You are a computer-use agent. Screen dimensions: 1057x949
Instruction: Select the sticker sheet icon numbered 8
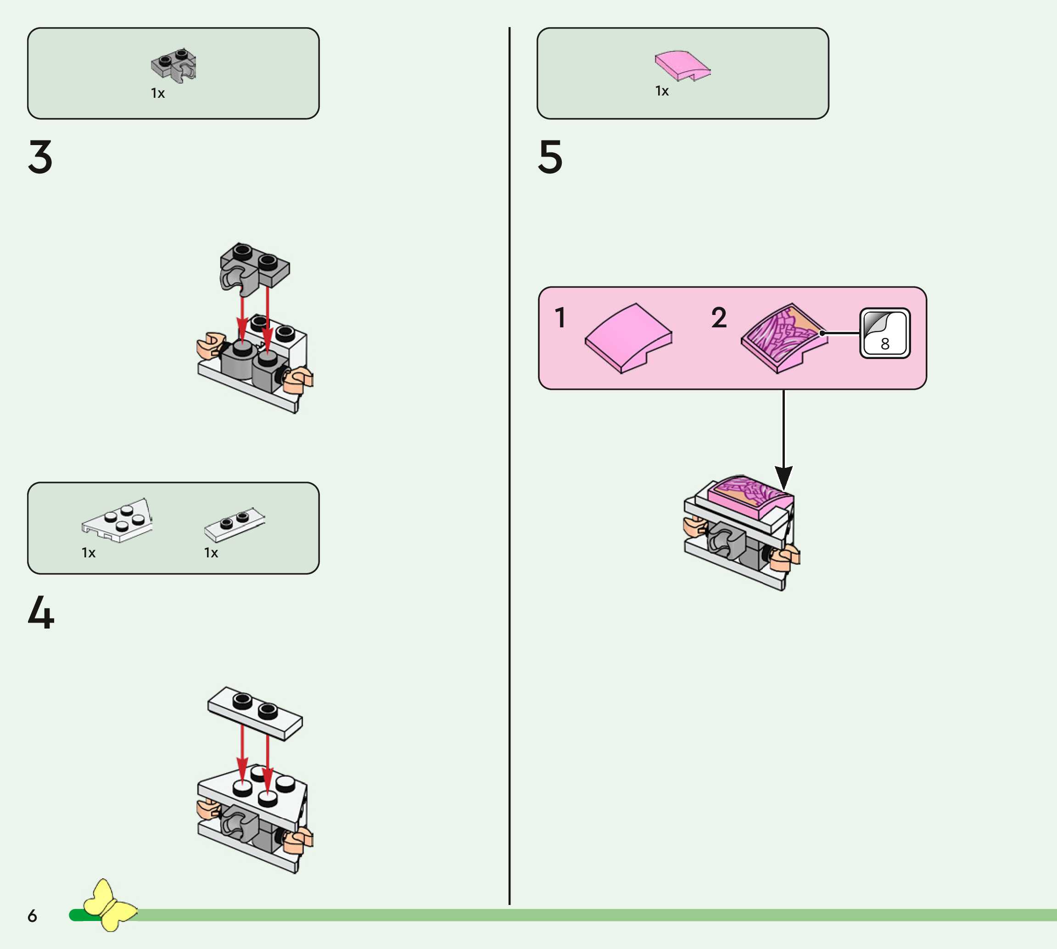point(884,333)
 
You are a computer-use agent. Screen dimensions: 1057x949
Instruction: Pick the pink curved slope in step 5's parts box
point(682,66)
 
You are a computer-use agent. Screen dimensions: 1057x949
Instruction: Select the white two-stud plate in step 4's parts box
point(234,523)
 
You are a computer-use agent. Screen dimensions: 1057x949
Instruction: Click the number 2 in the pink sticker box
point(719,318)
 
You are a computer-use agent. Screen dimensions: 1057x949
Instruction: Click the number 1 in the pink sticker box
point(560,318)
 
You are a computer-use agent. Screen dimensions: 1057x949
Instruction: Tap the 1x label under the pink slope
point(662,91)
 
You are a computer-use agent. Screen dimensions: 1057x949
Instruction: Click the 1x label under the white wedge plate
point(89,553)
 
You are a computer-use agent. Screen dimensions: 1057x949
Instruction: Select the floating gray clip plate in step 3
point(254,266)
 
